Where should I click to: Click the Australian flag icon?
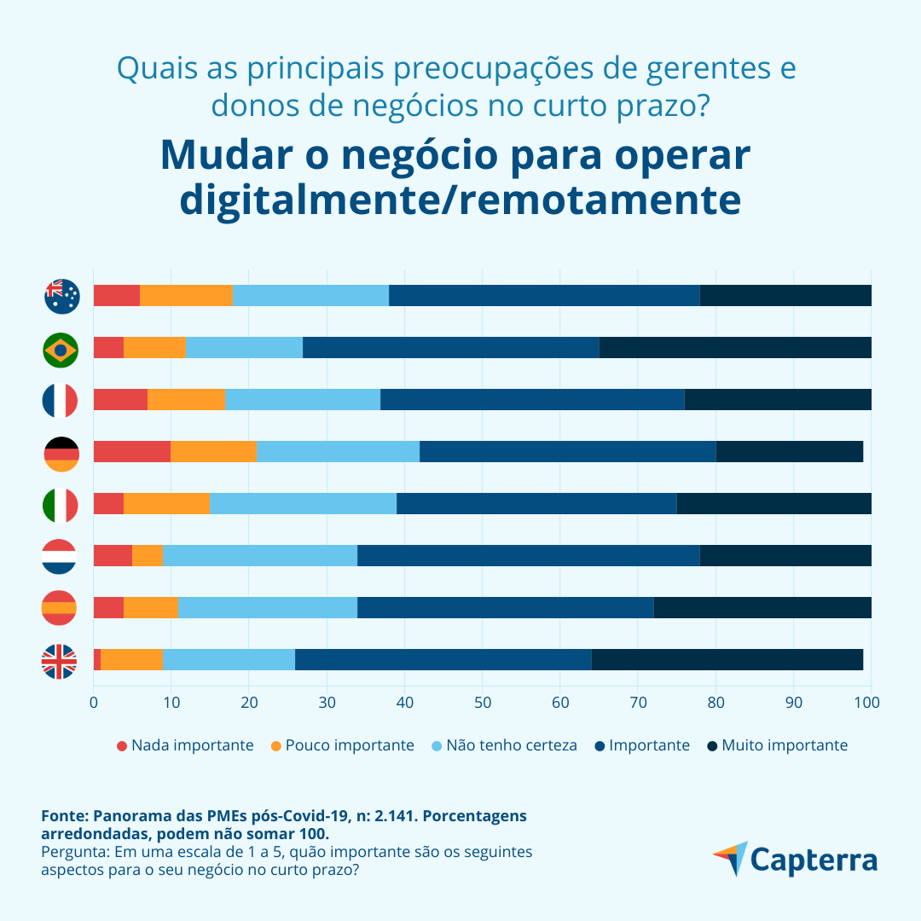click(61, 296)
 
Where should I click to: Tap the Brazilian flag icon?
click(61, 349)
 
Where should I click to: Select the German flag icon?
click(61, 454)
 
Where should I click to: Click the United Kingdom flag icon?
click(60, 662)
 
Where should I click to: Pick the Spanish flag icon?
click(60, 608)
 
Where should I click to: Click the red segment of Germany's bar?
click(131, 452)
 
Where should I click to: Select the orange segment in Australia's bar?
click(186, 295)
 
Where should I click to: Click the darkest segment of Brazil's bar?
click(734, 348)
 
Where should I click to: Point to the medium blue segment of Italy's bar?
click(536, 504)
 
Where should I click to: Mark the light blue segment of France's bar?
click(303, 400)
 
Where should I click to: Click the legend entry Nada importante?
click(185, 745)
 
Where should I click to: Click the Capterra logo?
click(795, 860)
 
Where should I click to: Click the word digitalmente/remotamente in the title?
click(460, 200)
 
